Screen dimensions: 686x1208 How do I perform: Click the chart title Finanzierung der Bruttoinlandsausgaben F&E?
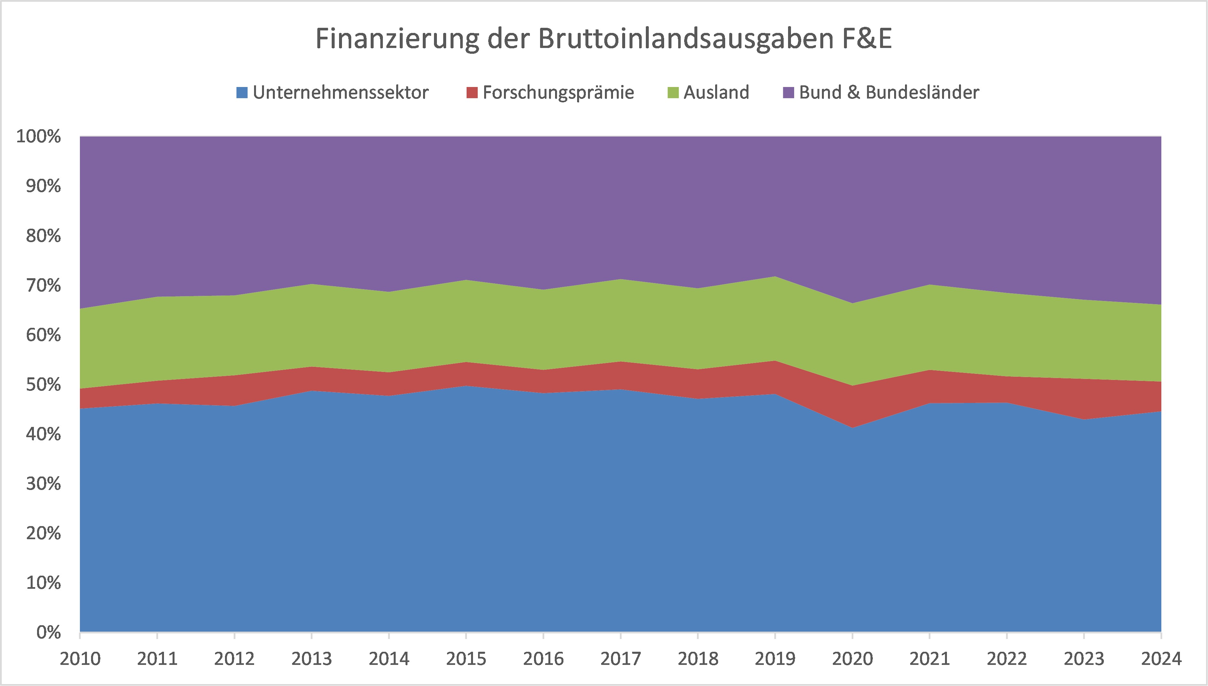(604, 39)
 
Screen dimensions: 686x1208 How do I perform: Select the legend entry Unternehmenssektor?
(340, 92)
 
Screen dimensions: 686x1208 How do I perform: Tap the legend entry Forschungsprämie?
(558, 92)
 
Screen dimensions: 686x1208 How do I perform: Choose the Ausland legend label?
(716, 92)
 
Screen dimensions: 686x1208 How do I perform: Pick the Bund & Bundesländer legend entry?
(889, 92)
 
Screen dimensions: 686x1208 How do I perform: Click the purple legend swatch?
(788, 92)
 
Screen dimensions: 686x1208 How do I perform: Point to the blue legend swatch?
(242, 92)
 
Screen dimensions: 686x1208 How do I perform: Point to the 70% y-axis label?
(43, 286)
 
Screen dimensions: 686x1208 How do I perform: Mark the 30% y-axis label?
(43, 484)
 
